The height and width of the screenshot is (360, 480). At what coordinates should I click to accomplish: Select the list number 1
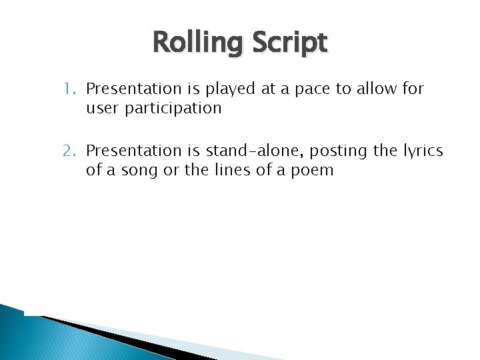point(69,89)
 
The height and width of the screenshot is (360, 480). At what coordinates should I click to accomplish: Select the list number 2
point(69,151)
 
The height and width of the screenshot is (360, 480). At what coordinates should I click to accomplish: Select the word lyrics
point(422,152)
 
